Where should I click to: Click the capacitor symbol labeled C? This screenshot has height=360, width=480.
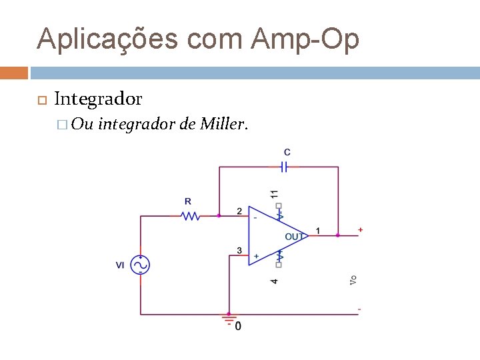[x=283, y=167]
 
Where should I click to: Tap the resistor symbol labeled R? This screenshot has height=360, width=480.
[x=191, y=216]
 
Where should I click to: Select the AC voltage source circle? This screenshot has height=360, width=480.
[x=140, y=265]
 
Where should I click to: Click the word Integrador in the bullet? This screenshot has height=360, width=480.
[x=98, y=99]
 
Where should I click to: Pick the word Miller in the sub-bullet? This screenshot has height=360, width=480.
[x=224, y=123]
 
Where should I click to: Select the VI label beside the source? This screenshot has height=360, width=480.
[x=120, y=265]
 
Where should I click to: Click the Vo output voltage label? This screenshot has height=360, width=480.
[x=353, y=280]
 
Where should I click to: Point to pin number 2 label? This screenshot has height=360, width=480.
[x=239, y=211]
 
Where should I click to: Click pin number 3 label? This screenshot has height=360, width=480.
[x=239, y=251]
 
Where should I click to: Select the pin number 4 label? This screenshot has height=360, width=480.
[x=274, y=281]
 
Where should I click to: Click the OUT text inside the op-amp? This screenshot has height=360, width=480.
[x=295, y=236]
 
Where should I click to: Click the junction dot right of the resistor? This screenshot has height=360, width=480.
[x=219, y=216]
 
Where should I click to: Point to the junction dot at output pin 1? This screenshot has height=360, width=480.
[x=338, y=235]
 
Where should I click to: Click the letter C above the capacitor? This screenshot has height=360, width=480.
[x=287, y=153]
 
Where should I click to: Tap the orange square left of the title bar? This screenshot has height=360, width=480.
[x=14, y=73]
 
